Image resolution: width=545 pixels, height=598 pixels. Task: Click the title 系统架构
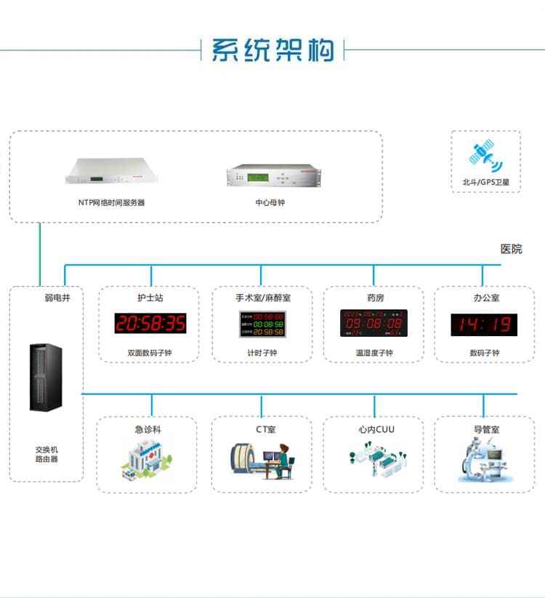272,49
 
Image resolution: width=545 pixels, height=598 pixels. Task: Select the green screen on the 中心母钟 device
257,177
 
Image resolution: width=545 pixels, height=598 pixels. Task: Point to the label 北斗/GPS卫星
485,183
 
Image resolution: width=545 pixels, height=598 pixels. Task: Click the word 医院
512,249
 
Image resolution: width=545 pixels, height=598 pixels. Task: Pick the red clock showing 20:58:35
150,324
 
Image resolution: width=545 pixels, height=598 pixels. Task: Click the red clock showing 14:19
484,324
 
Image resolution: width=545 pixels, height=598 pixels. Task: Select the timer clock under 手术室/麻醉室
262,324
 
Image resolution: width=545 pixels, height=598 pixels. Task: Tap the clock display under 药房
374,324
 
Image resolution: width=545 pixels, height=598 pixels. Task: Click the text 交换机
47,450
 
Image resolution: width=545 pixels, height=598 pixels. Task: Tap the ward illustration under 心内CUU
375,460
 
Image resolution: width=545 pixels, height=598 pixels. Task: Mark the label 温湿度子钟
374,354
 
